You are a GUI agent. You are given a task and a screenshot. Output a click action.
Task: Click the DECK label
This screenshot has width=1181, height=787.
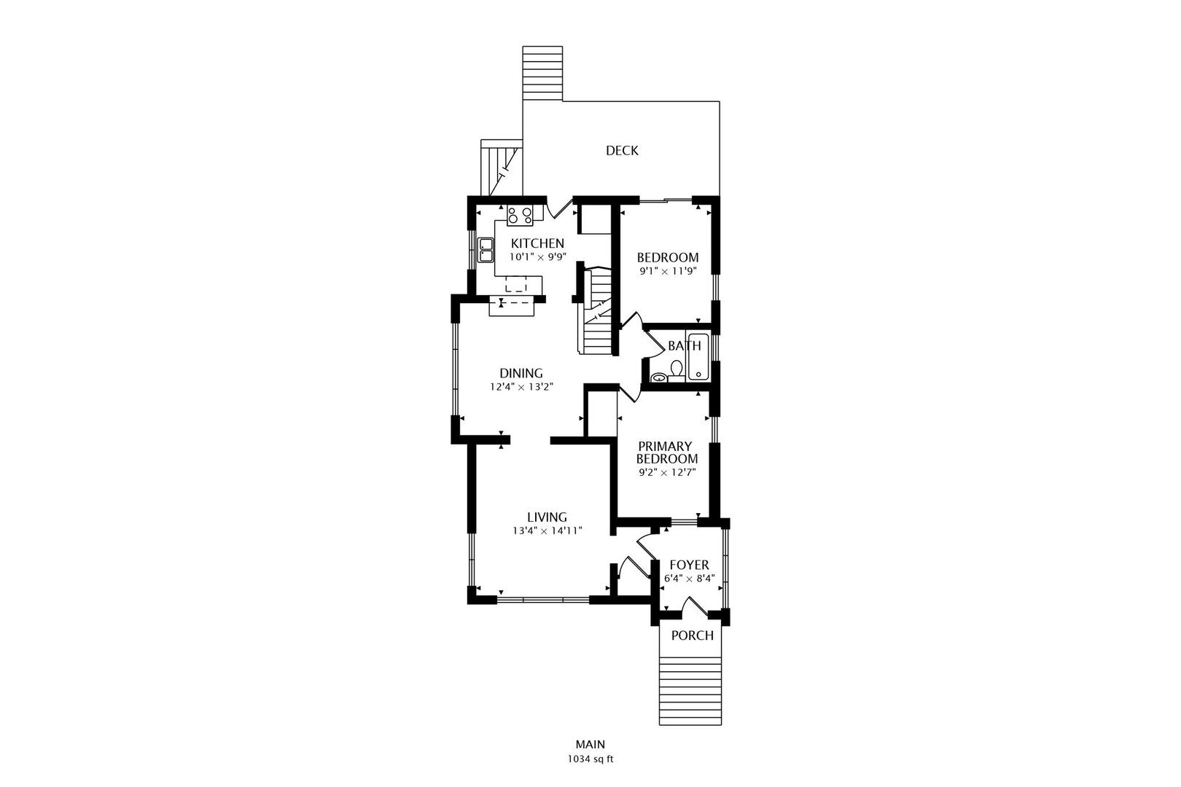(622, 151)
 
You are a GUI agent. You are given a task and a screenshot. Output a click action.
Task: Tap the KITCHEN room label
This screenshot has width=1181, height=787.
(537, 243)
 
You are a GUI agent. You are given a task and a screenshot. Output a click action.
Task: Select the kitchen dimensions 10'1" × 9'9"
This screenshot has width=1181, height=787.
(537, 257)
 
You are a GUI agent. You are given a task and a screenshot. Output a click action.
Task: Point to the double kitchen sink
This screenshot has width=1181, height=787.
(486, 250)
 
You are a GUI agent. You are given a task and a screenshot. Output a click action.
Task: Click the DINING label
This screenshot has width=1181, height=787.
(521, 373)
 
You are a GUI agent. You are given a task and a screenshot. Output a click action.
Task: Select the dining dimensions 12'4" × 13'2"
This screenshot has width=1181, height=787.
(521, 387)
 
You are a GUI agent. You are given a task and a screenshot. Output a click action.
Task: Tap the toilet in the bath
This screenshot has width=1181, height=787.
(677, 370)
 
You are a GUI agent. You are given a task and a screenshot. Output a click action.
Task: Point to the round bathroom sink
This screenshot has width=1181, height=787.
(659, 377)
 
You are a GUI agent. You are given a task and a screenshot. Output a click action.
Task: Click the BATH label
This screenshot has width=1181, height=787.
(684, 346)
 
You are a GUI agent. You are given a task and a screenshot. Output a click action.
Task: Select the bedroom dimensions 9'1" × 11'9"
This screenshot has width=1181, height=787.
(668, 271)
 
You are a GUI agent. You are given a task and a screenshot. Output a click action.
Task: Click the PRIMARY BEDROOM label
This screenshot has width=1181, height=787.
(667, 453)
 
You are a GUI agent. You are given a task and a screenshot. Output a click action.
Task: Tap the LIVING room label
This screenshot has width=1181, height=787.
(547, 517)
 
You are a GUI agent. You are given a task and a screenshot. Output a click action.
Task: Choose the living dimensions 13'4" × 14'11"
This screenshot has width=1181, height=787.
(547, 531)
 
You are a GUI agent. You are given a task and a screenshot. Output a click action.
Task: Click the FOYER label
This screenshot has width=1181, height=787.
(689, 565)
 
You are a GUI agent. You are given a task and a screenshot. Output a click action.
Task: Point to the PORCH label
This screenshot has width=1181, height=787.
(692, 635)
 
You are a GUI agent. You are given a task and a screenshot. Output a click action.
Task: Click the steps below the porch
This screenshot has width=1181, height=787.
(690, 689)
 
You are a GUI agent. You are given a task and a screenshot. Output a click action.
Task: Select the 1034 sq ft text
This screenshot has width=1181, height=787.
(590, 759)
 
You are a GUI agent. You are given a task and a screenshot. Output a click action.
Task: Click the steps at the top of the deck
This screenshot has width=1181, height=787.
(542, 73)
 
